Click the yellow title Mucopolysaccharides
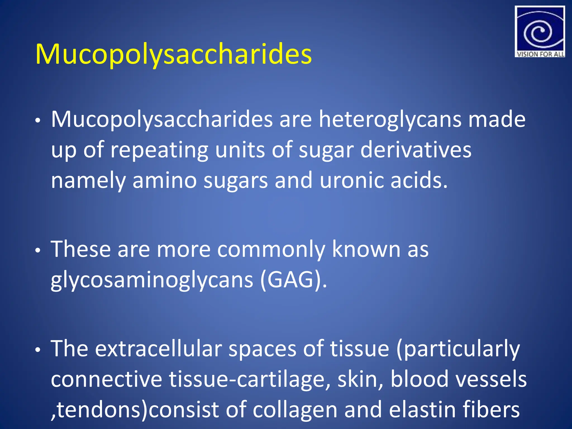pyautogui.click(x=173, y=54)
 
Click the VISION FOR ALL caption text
pyautogui.click(x=540, y=54)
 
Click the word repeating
pyautogui.click(x=159, y=150)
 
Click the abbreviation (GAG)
pyautogui.click(x=293, y=280)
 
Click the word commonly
pyautogui.click(x=271, y=249)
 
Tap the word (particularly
pyautogui.click(x=458, y=349)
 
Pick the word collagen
pyautogui.click(x=295, y=410)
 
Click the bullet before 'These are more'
pyautogui.click(x=38, y=251)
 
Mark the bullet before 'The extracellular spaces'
pyautogui.click(x=38, y=350)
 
